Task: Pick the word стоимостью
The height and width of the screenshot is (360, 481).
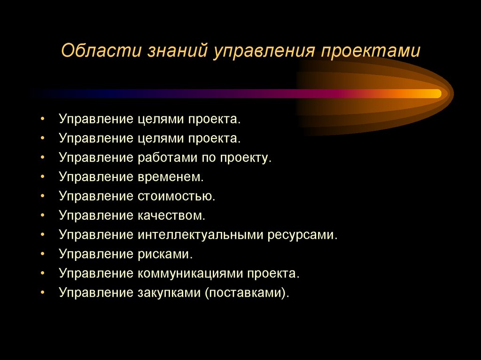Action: coord(176,196)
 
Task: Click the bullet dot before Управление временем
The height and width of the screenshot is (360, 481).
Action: coord(43,177)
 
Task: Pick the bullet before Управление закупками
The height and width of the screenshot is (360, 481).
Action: coord(43,292)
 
